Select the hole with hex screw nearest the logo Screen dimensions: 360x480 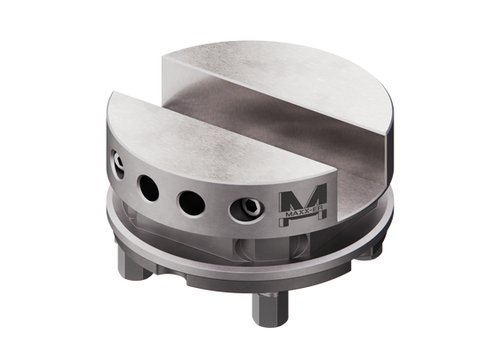(x=245, y=211)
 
